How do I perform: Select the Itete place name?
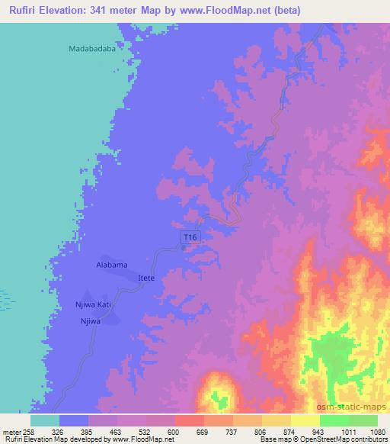(146, 278)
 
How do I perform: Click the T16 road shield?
(191, 239)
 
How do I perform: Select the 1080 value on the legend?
(378, 432)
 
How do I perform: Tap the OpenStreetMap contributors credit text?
(347, 439)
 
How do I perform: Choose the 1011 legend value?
(348, 432)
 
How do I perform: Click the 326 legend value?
(61, 432)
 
